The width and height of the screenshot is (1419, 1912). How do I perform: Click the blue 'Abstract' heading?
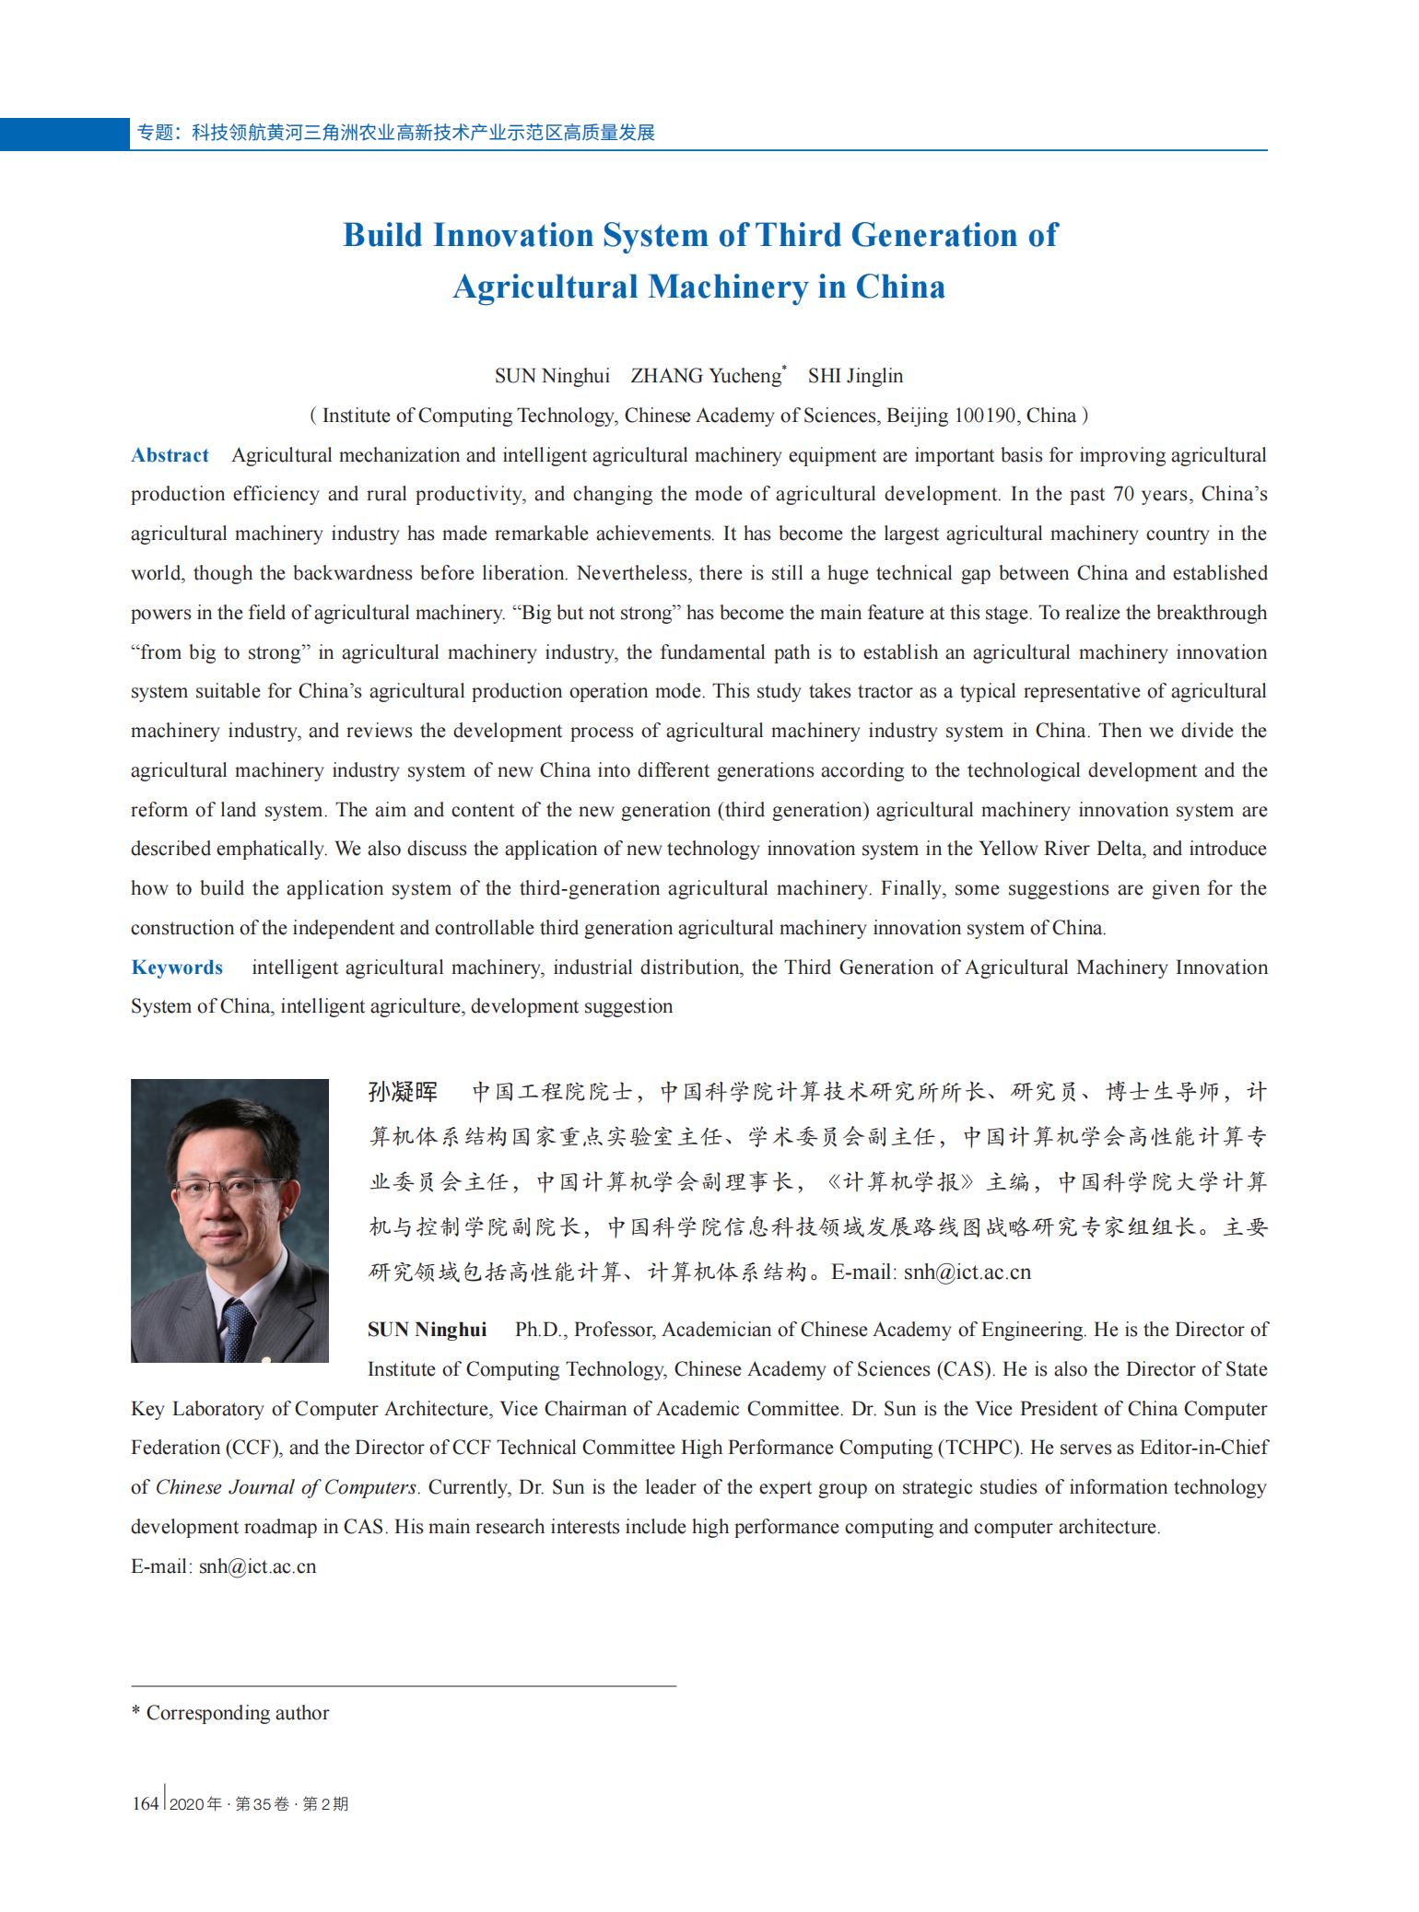[170, 455]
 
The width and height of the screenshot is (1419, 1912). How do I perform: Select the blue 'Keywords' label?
[177, 968]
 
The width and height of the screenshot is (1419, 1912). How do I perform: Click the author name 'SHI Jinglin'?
[855, 376]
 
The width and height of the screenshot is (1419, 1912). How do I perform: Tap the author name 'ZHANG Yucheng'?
[706, 376]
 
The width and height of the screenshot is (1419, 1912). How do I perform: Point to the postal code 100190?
[984, 416]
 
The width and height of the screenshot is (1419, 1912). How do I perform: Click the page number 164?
[145, 1803]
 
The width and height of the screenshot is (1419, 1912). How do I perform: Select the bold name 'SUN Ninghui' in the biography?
[427, 1330]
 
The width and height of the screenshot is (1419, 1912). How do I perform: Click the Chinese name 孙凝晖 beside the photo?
[403, 1092]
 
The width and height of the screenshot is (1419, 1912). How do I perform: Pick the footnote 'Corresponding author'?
[237, 1713]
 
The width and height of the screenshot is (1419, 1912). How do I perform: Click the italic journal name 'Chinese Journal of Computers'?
[286, 1487]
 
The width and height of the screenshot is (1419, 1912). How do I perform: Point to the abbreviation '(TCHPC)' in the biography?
[979, 1448]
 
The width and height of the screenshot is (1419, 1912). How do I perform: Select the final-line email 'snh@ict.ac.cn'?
[257, 1566]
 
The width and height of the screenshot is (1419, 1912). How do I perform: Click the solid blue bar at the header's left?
[64, 134]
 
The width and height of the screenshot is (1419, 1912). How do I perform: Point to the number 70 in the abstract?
[1123, 494]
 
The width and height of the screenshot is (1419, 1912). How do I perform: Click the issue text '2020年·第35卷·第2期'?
[259, 1804]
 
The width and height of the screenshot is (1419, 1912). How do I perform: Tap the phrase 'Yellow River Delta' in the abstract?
[1060, 849]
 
